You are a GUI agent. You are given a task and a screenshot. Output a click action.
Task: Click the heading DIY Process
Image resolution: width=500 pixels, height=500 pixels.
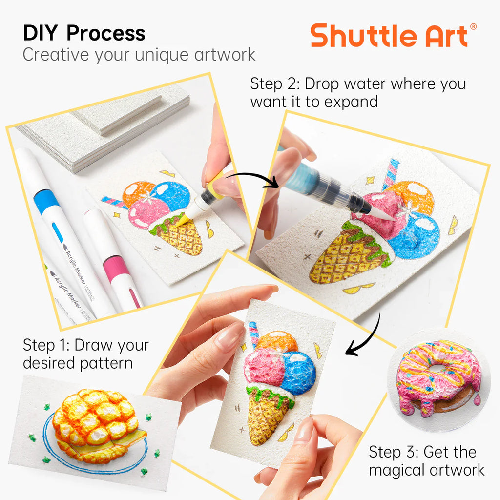tap(84, 33)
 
